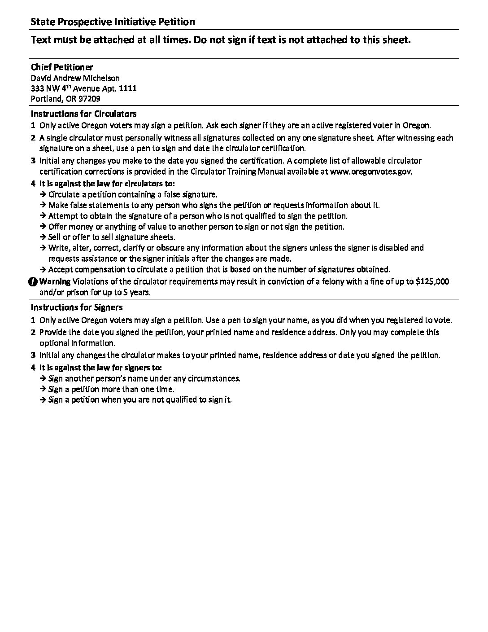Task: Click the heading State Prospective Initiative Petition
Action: [113, 22]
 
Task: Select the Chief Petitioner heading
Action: [62, 67]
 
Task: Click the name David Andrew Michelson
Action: [75, 78]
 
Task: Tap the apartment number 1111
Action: [127, 88]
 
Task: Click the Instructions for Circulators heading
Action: [83, 114]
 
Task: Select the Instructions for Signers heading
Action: [77, 307]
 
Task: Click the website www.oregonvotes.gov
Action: [370, 171]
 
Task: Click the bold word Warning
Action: [55, 282]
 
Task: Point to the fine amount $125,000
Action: [432, 282]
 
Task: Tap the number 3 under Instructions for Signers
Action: [33, 355]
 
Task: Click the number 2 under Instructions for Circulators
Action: [33, 138]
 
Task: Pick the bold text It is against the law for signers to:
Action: [101, 368]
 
